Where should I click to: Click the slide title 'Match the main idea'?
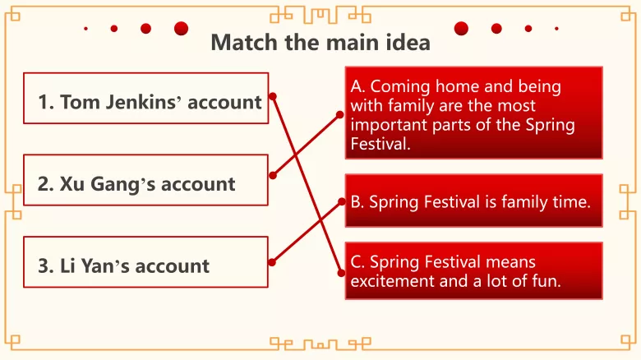pos(320,42)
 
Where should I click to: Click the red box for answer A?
pos(473,113)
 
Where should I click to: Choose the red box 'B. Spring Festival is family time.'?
pos(473,201)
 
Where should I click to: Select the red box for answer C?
pos(473,270)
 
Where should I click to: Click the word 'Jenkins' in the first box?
pos(142,103)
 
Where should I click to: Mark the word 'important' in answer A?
pos(385,125)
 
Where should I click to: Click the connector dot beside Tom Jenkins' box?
pos(273,96)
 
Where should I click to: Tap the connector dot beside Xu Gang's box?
pos(273,175)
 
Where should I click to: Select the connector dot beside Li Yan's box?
pos(272,261)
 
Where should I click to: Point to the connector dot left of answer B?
pos(341,200)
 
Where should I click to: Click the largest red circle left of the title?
pos(181,29)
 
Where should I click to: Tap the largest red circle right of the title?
pos(461,29)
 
